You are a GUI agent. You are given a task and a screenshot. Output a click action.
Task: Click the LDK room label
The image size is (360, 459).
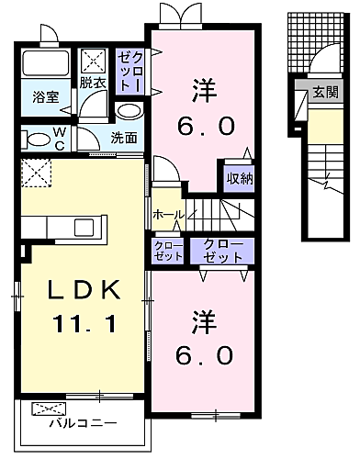point(84,289)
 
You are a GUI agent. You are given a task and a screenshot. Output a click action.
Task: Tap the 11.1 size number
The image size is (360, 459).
point(84,324)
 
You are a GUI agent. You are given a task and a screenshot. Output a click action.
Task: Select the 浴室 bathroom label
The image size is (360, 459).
point(46,97)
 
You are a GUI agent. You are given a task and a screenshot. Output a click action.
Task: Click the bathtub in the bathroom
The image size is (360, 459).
point(46,62)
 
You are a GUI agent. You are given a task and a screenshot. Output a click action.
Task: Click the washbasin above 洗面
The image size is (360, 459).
point(130,111)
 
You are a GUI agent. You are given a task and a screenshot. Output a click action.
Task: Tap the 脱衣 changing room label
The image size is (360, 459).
point(93,83)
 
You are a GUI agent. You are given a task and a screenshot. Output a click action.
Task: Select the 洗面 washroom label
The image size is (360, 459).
point(124,138)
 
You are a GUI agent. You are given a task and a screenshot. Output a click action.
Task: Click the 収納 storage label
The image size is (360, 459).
point(240,178)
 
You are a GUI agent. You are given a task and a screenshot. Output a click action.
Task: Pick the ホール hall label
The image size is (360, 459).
point(169,215)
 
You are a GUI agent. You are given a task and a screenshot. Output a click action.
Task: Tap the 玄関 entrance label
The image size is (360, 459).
point(325,92)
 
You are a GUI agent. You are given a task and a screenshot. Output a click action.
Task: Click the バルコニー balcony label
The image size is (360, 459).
point(84,423)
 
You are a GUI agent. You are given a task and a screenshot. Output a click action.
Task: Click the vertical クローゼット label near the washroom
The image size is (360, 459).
point(130,72)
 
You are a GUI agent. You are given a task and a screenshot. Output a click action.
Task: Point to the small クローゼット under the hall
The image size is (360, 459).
point(168,251)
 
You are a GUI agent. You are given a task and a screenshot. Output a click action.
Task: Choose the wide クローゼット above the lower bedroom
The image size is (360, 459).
point(222,251)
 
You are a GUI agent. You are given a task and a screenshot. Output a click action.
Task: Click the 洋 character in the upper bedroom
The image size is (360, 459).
point(204,91)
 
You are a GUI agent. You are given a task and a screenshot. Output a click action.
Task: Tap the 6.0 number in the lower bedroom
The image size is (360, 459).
point(204,355)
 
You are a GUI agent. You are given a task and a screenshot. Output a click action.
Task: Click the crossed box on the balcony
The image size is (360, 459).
point(49,409)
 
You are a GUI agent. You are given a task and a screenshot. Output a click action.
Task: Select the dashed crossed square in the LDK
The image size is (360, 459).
point(36,173)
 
